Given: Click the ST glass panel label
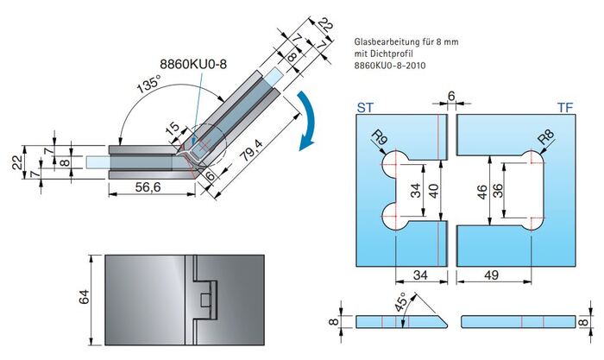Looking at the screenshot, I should (x=365, y=108).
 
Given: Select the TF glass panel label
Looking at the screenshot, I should (x=565, y=108).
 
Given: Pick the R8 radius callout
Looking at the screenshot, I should (x=546, y=136).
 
